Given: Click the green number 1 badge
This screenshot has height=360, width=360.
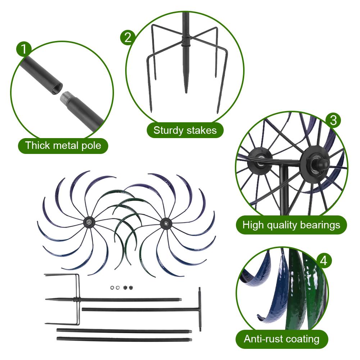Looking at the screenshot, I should click(x=24, y=49).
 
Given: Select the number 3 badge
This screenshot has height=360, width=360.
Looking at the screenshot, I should click(x=333, y=120).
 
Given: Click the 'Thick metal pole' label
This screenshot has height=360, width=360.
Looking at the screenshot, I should click(x=63, y=146).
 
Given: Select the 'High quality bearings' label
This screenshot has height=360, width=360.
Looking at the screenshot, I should click(x=291, y=225).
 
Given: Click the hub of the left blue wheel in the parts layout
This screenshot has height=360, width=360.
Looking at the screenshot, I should click(x=87, y=223).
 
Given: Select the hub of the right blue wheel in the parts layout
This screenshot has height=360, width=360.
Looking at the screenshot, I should click(x=165, y=223).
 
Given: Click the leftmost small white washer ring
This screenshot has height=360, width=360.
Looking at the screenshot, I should click(x=112, y=288).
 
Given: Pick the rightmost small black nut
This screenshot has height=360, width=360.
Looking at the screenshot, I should click(x=131, y=288).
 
